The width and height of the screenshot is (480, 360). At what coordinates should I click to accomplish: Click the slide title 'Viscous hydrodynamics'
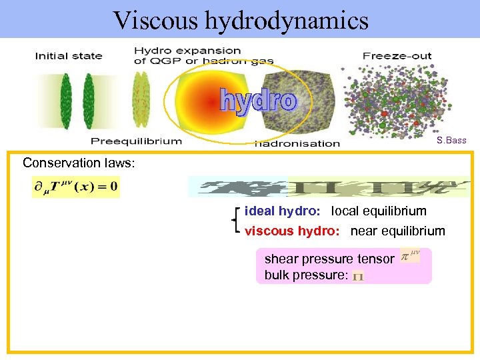(241, 20)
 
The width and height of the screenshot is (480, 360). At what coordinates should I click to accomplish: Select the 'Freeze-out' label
(397, 56)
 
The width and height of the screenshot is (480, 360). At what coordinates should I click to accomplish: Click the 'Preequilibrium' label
(136, 141)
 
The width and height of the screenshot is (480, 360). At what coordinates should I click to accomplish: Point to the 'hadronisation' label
(297, 143)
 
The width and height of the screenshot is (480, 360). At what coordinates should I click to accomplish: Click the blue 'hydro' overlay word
(258, 101)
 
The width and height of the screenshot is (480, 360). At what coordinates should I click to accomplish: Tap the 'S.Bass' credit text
(451, 141)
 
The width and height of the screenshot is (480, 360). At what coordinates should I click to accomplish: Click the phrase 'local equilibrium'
(379, 211)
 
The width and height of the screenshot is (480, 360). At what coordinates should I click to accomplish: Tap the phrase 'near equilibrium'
(397, 231)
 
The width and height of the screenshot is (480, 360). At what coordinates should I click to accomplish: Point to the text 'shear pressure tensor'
(329, 259)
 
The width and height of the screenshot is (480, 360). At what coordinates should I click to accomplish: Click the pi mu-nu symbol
(409, 256)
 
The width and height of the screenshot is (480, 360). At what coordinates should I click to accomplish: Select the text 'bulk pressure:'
(306, 275)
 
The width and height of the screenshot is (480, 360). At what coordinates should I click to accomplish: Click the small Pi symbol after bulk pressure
(358, 276)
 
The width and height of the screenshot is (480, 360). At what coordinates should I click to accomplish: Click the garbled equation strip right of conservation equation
(328, 187)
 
